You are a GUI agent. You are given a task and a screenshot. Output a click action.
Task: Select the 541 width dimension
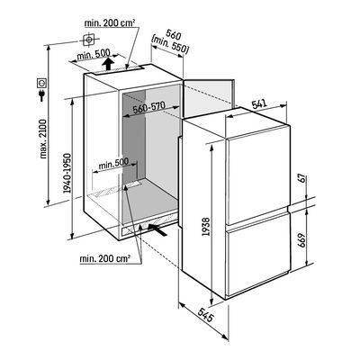(259, 103)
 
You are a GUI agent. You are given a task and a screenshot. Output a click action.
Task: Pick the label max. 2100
(43, 139)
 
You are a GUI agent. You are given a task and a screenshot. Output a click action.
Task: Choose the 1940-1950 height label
(67, 174)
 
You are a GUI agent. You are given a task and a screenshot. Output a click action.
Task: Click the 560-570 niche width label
(149, 107)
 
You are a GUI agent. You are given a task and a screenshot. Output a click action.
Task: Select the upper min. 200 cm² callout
(110, 22)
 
